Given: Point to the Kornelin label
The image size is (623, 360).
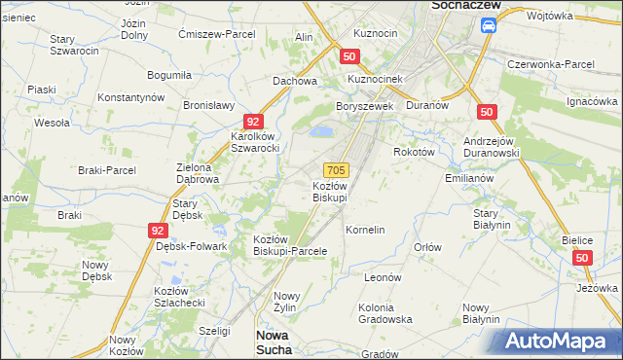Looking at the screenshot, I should coord(365,230).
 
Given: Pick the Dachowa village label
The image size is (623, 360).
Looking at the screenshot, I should coord(295,81).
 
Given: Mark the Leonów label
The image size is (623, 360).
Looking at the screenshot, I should coord(383,277).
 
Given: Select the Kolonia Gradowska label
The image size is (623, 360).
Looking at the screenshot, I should coord(385,313).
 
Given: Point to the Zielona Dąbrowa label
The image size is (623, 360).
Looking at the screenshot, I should coord(198,173).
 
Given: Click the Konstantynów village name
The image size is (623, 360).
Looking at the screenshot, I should coord(132,97).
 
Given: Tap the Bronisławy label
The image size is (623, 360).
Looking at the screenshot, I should coord(211,105).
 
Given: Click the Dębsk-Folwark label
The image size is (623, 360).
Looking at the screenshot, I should coord(191,246).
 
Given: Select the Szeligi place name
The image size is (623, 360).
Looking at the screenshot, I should coord(215,331).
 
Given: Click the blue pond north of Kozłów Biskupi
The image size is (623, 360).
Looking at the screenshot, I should coord(321,131).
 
